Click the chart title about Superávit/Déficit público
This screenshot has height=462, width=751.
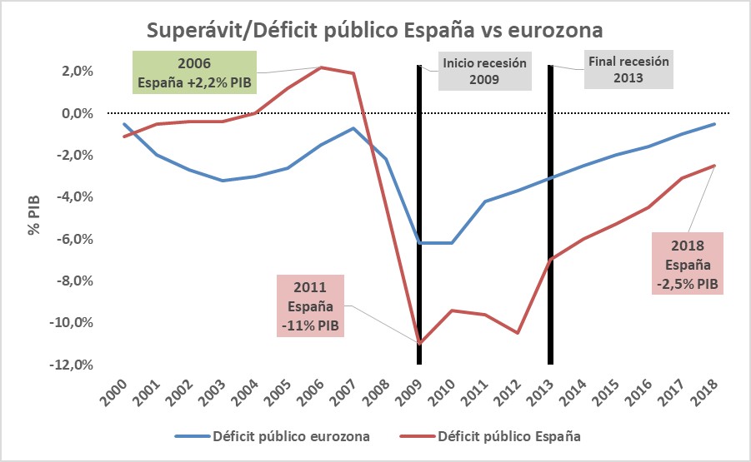[375, 30]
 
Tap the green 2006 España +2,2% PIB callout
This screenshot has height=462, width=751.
[194, 73]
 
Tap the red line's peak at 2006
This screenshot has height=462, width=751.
[321, 67]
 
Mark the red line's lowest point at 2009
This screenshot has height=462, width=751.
[419, 343]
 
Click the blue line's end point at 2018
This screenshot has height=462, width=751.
[714, 124]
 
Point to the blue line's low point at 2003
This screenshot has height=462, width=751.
[223, 180]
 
